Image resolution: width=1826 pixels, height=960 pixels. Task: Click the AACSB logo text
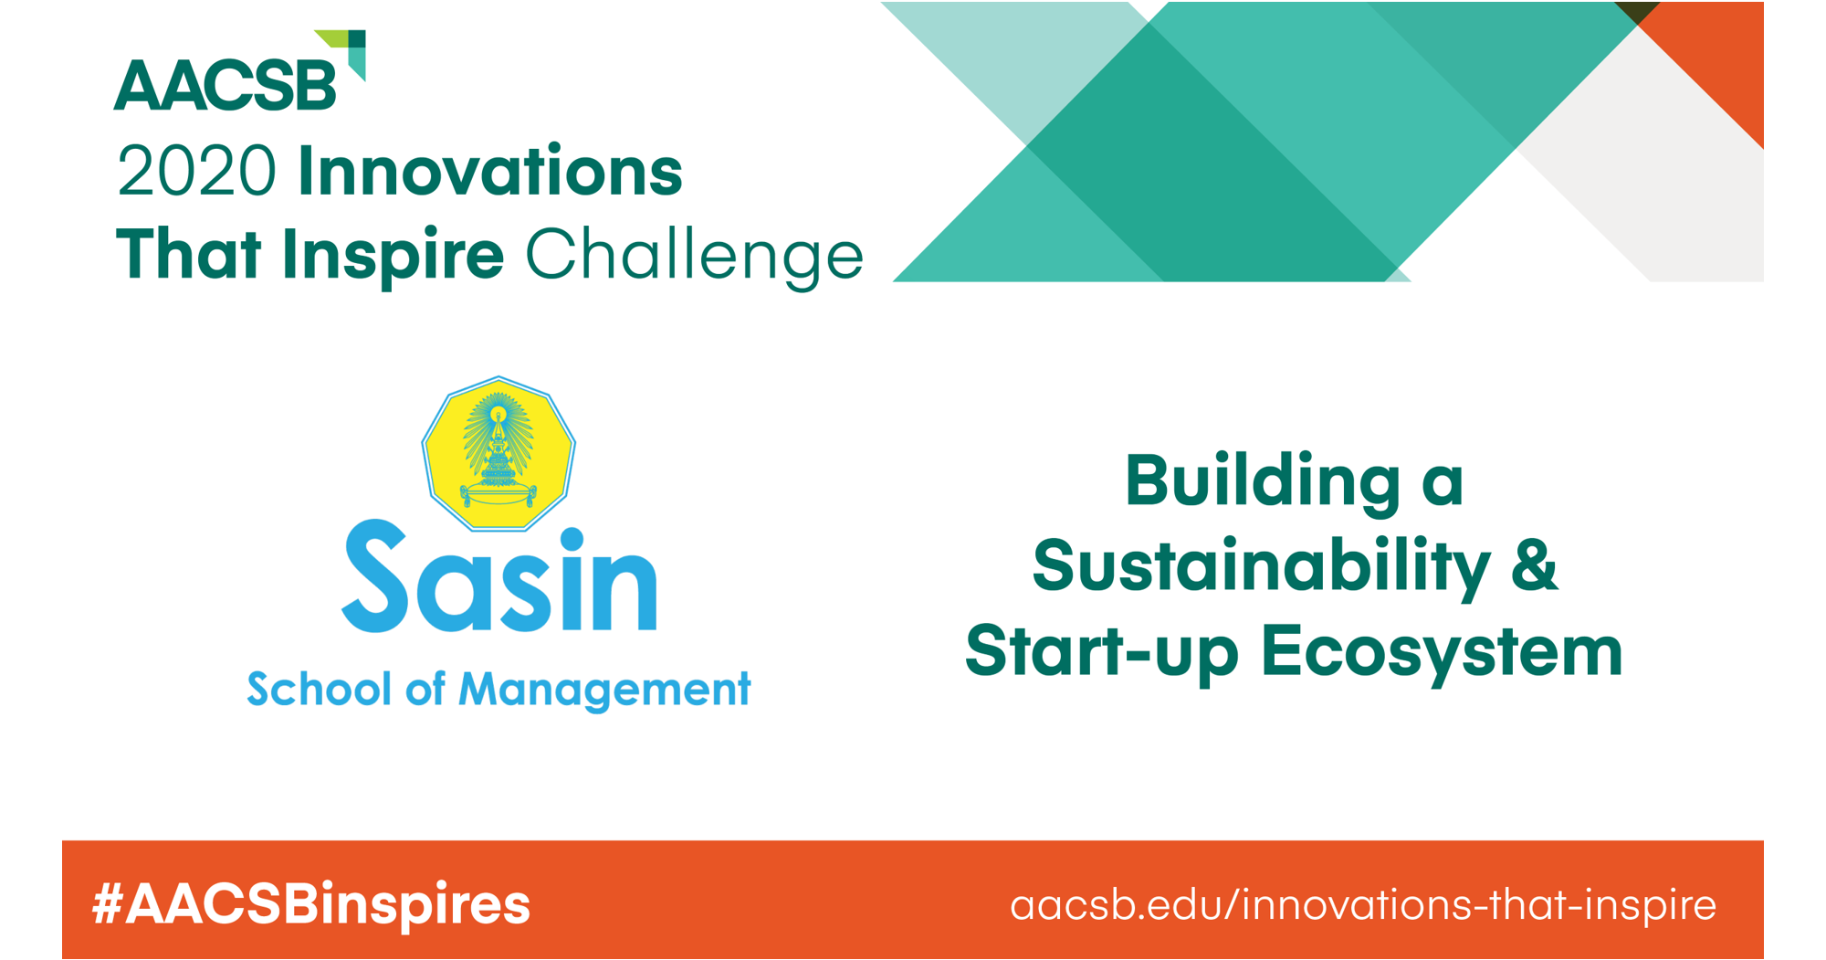pyautogui.click(x=226, y=86)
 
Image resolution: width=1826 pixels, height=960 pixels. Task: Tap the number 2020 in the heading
pyautogui.click(x=196, y=171)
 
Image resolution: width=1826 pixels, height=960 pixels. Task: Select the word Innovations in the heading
pyautogui.click(x=490, y=171)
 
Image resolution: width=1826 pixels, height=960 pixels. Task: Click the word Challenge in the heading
pyautogui.click(x=695, y=254)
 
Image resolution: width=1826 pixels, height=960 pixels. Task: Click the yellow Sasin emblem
pyautogui.click(x=498, y=453)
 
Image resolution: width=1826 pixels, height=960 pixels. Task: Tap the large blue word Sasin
pyautogui.click(x=499, y=575)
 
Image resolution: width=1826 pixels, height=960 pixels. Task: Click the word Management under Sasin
pyautogui.click(x=604, y=690)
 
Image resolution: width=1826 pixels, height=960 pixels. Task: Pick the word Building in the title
pyautogui.click(x=1263, y=480)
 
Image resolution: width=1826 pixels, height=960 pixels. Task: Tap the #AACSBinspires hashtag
pyautogui.click(x=311, y=904)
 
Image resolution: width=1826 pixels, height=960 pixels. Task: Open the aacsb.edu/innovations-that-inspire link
pyautogui.click(x=1363, y=905)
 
